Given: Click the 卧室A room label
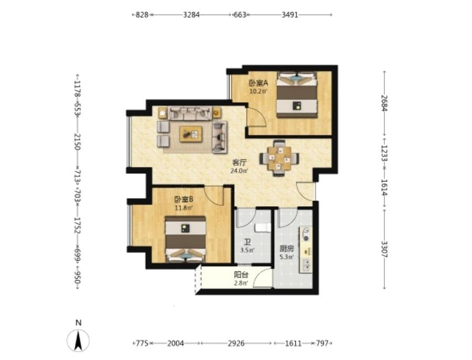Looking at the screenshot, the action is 258,83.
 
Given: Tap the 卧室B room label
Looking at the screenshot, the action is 184,199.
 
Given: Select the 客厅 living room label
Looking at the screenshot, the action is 239,163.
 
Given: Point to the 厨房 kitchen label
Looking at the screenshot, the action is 286,249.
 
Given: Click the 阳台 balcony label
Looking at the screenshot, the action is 241,275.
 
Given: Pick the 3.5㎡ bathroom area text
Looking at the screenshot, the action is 247,250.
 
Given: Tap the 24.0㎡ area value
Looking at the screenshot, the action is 239,171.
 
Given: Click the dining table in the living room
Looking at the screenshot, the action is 280,157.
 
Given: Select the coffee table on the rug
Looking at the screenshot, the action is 191,134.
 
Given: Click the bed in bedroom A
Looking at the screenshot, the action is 297,94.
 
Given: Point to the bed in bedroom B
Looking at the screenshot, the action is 186,239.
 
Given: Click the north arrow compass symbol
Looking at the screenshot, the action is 78,341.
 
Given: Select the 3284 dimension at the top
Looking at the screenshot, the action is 191,15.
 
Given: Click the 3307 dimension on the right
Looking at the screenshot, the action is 384,249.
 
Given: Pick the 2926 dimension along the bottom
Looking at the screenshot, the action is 236,343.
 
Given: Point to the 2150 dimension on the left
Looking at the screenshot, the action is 78,142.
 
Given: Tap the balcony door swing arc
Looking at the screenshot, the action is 263,277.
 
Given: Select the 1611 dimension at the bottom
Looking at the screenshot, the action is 293,343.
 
